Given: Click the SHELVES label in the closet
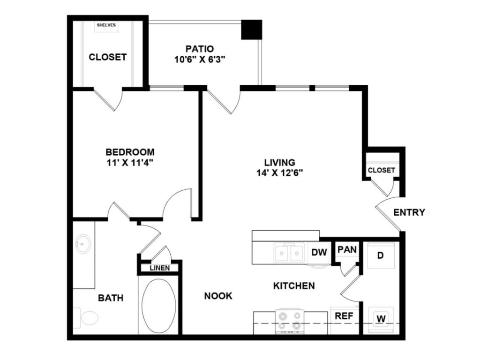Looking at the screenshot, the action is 106,25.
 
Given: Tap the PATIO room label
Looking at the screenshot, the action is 200,49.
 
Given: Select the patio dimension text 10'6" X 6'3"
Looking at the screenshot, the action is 200,60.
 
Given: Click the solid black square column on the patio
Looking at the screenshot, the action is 252,30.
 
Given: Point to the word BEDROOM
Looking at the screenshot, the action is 130,152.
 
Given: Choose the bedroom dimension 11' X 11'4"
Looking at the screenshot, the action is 130,163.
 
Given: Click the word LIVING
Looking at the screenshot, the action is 280,162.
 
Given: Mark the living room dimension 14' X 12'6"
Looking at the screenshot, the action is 280,173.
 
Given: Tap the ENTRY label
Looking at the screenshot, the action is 409,212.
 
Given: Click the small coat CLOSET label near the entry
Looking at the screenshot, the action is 382,170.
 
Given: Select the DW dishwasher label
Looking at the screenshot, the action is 319,252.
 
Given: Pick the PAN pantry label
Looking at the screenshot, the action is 347,249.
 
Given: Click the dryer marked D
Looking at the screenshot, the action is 381,255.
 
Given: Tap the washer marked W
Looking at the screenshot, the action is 381,320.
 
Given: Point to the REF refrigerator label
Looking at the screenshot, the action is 344,315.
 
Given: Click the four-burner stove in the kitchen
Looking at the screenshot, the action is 290,321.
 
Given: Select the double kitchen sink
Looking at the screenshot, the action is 289,253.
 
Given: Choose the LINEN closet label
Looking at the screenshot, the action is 160,268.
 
